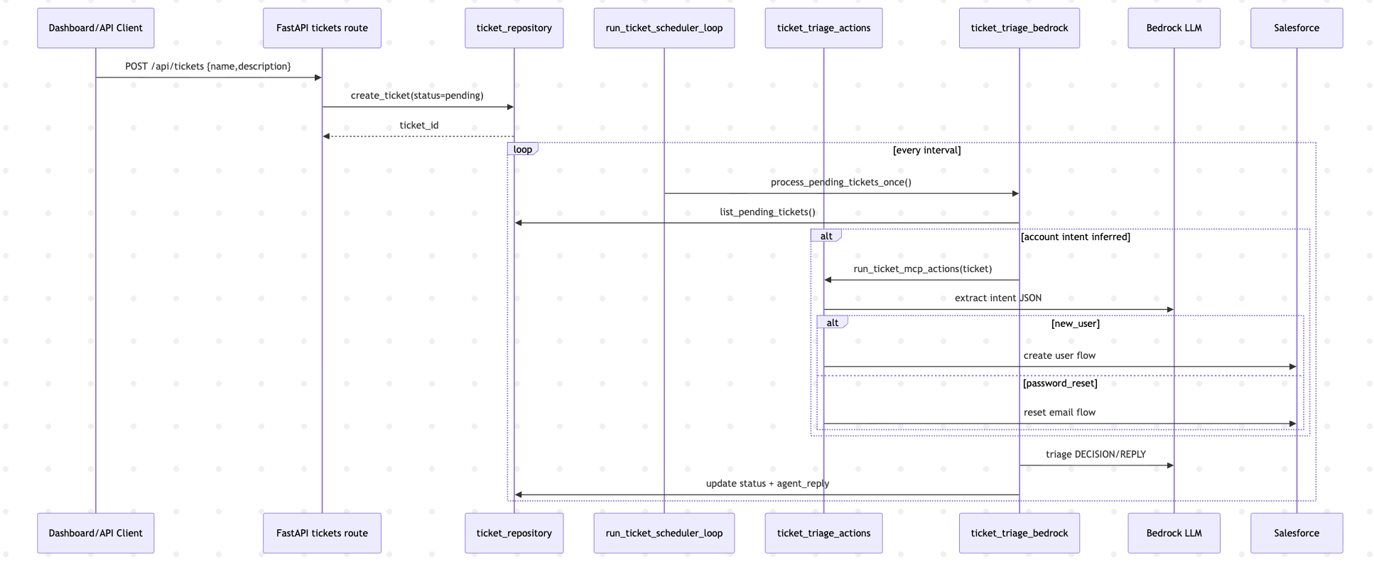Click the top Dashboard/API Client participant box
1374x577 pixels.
click(95, 28)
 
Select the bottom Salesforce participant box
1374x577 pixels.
click(1296, 533)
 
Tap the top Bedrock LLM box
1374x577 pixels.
click(1174, 28)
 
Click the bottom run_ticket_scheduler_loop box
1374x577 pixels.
click(664, 533)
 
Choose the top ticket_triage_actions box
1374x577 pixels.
click(823, 28)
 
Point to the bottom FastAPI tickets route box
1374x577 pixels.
click(322, 533)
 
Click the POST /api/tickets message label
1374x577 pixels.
click(208, 67)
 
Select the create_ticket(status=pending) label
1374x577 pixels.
click(417, 96)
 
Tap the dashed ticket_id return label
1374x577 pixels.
click(418, 126)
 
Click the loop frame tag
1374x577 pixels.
click(523, 149)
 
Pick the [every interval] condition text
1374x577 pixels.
click(926, 151)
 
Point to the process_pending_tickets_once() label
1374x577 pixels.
click(840, 183)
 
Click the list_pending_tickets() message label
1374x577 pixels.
click(767, 212)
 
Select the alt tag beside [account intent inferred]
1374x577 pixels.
click(826, 236)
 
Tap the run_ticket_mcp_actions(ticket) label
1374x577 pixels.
click(922, 269)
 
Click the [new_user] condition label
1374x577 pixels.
click(1075, 324)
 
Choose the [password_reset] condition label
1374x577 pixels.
click(1059, 384)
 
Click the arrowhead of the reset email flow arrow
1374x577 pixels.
click(1292, 424)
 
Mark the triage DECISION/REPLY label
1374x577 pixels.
click(1096, 455)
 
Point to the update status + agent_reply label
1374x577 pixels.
click(767, 484)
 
